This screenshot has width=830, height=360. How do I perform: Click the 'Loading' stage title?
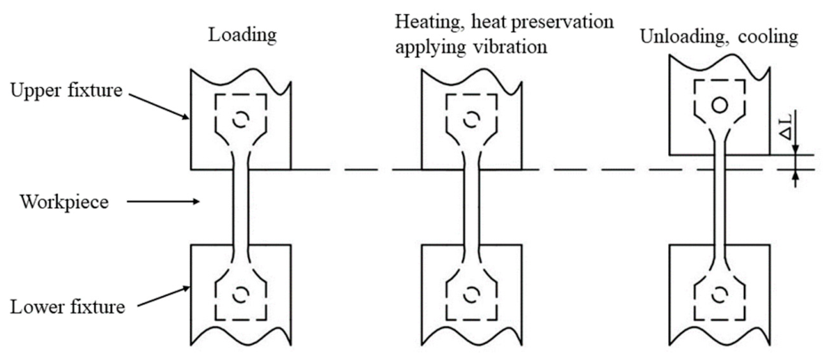242,36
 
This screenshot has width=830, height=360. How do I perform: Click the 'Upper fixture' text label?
66,91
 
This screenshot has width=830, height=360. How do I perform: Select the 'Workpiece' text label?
64,202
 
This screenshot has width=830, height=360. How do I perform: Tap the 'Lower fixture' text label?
68,307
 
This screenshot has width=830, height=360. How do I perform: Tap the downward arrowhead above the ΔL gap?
795,151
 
